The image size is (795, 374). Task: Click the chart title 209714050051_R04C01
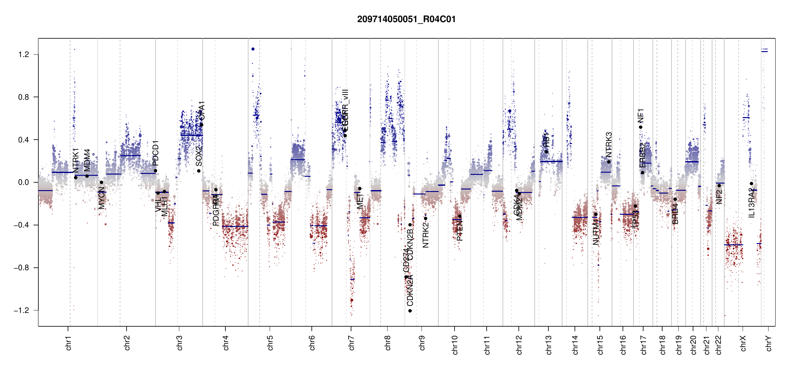[406, 19]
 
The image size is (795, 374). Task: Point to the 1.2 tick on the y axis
[24, 55]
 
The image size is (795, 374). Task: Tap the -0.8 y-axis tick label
[22, 268]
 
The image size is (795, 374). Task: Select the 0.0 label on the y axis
[24, 182]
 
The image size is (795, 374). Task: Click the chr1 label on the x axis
[68, 343]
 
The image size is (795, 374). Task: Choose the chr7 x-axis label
[351, 343]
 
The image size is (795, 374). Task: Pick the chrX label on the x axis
[743, 343]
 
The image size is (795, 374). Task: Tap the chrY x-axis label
[768, 343]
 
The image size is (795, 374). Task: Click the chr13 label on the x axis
[548, 345]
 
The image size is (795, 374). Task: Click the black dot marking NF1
[640, 127]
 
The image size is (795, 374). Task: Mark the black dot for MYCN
[101, 183]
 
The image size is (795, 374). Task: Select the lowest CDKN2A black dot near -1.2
[410, 311]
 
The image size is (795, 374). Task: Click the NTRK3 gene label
[609, 145]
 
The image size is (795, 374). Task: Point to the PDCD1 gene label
[156, 153]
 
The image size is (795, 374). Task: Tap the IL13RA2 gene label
[751, 203]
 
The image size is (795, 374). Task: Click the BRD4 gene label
[675, 214]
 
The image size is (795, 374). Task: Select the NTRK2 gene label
[426, 235]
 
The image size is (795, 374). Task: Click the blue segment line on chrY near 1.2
[764, 51]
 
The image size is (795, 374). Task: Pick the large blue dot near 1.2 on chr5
[253, 49]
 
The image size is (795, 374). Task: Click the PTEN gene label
[460, 231]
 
